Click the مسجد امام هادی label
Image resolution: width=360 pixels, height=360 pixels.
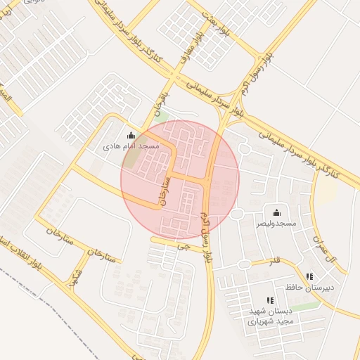131,146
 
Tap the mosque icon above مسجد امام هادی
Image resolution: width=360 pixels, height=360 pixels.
130,136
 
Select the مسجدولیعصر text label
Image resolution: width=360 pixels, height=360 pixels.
276,223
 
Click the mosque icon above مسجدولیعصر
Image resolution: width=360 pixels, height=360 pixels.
276,213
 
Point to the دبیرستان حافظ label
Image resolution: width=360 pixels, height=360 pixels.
309,287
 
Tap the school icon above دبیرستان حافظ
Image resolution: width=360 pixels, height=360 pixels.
309,277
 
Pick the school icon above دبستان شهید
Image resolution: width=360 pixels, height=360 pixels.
270,300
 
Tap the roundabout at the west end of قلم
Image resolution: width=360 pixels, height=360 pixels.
244,264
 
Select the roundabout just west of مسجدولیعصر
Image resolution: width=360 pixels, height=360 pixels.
237,214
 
